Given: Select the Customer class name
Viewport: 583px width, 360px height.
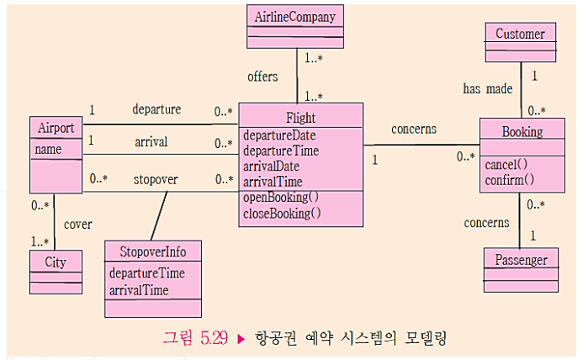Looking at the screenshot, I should coord(520,34).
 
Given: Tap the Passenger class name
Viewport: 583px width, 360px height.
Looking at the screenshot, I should coord(520,260).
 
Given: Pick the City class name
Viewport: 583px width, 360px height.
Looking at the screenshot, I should coord(56,262).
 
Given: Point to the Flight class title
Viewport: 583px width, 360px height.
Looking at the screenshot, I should coord(300,118).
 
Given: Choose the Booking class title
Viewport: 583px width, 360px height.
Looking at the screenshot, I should coord(522,131).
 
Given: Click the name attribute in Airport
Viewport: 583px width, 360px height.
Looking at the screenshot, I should coord(48,149).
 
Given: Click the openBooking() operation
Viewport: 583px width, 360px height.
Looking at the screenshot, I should coord(281,198).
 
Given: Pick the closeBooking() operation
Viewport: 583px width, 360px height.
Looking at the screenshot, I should coord(282,213).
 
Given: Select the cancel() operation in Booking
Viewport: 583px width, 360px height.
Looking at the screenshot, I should coord(506,164).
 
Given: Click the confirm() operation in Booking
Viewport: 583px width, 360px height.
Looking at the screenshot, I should coord(510,179).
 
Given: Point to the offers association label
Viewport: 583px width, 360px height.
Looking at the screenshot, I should coord(262,77).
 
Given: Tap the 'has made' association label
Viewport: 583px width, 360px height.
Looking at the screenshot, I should coord(487,89).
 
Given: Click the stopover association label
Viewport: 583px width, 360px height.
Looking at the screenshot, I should coord(156,179).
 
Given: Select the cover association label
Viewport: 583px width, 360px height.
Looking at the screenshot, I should coord(78,225).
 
